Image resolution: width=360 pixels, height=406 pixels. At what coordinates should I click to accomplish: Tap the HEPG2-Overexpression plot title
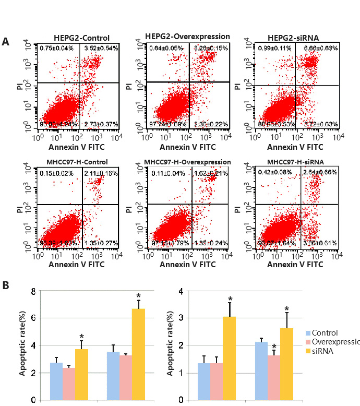(186, 37)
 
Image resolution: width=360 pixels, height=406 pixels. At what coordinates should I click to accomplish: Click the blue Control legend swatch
(309, 332)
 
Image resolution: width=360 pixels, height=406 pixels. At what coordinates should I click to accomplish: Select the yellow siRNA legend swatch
(309, 351)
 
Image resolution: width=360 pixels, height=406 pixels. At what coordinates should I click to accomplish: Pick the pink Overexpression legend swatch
(309, 342)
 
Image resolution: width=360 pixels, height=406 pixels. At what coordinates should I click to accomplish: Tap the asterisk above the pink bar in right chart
(274, 346)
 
